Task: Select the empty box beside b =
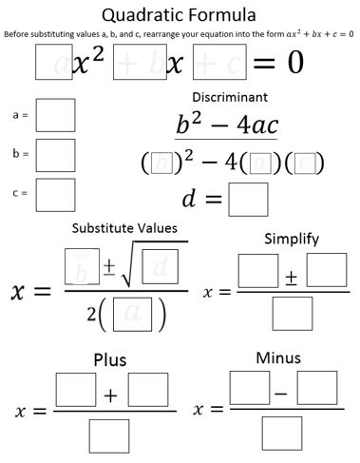point(55,153)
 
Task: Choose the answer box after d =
point(248,200)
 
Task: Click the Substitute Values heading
point(124,228)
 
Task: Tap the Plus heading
point(110,360)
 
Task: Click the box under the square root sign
point(160,266)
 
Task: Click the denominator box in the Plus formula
point(110,436)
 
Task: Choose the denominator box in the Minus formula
point(282,434)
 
